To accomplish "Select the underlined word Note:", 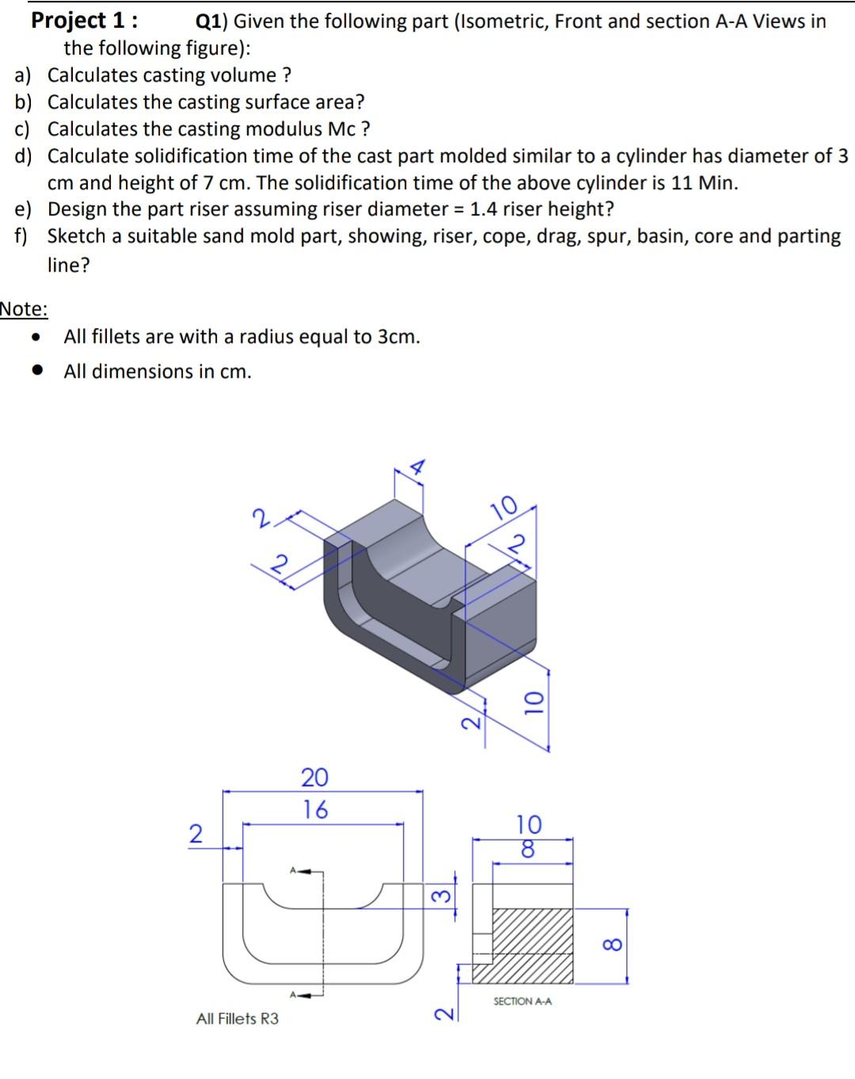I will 24,309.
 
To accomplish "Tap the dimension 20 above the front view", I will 314,777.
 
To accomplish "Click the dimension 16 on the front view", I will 315,810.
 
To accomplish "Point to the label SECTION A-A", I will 522,1001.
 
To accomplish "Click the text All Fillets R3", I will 237,1019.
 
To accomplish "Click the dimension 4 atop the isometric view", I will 417,467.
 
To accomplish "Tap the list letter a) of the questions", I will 24,75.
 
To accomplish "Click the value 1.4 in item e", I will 484,209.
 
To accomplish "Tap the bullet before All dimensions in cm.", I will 36,371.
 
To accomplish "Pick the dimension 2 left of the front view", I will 195,833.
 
